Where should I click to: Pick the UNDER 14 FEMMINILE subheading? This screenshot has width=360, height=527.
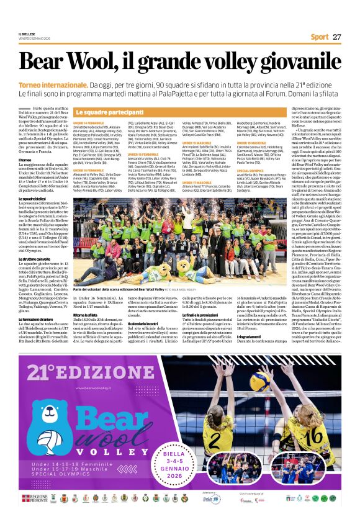89,123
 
